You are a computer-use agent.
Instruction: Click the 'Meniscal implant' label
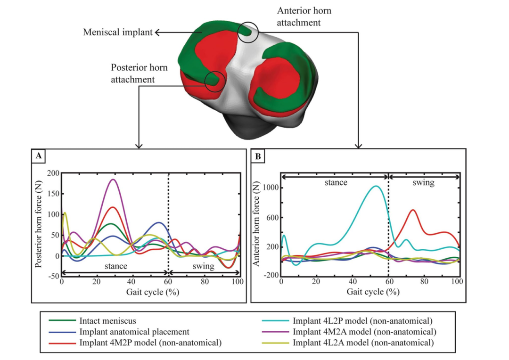[118, 32]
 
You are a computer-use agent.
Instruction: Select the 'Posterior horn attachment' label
[132, 73]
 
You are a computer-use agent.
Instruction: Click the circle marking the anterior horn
[247, 32]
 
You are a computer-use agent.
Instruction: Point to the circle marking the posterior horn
[214, 81]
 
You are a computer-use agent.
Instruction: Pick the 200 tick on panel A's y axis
[52, 173]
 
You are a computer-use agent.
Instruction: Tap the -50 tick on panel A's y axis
[52, 276]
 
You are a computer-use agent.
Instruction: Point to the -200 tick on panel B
[270, 275]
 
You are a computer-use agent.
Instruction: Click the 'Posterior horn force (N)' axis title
[40, 224]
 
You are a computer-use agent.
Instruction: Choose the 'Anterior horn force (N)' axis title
[258, 224]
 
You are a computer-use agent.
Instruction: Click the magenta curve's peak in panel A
[112, 179]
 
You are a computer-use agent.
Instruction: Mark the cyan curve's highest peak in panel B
[376, 186]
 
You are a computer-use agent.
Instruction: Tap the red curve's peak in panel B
[413, 210]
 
